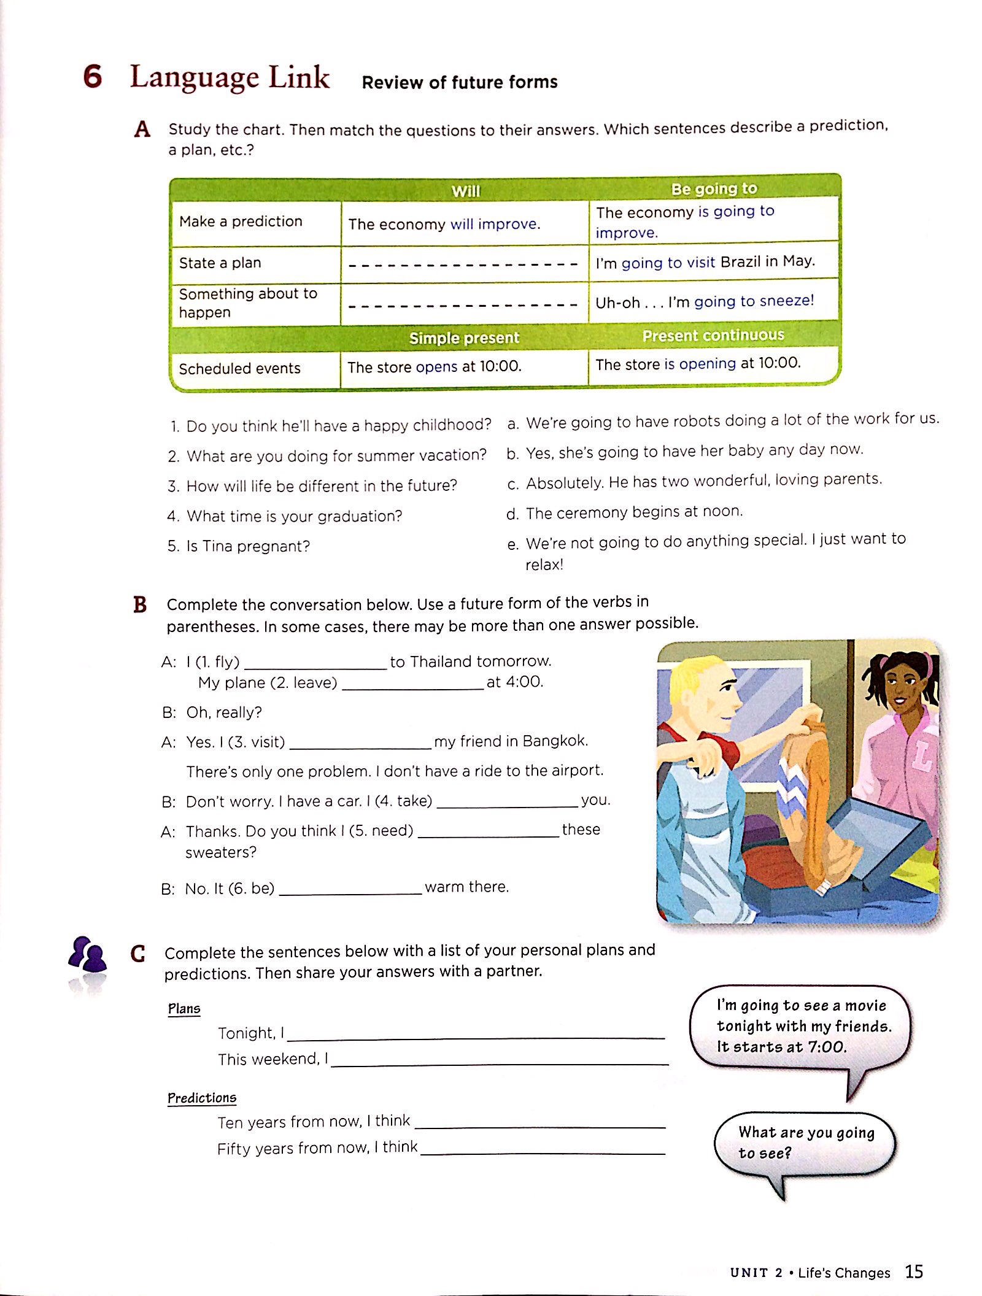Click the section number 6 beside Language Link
[x=93, y=77]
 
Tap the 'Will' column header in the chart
[x=465, y=191]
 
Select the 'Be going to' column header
[x=714, y=188]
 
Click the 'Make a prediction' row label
[x=241, y=222]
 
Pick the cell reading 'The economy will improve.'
[x=444, y=224]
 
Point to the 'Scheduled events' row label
[x=239, y=368]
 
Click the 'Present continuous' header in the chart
[x=713, y=335]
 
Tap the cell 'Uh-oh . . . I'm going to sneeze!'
[x=705, y=301]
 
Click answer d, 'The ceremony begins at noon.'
[x=633, y=512]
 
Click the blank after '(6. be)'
[x=350, y=889]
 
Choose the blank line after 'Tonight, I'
[x=476, y=1034]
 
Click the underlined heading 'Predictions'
[x=202, y=1098]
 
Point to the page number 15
[x=914, y=1271]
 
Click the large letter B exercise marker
[x=140, y=605]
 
